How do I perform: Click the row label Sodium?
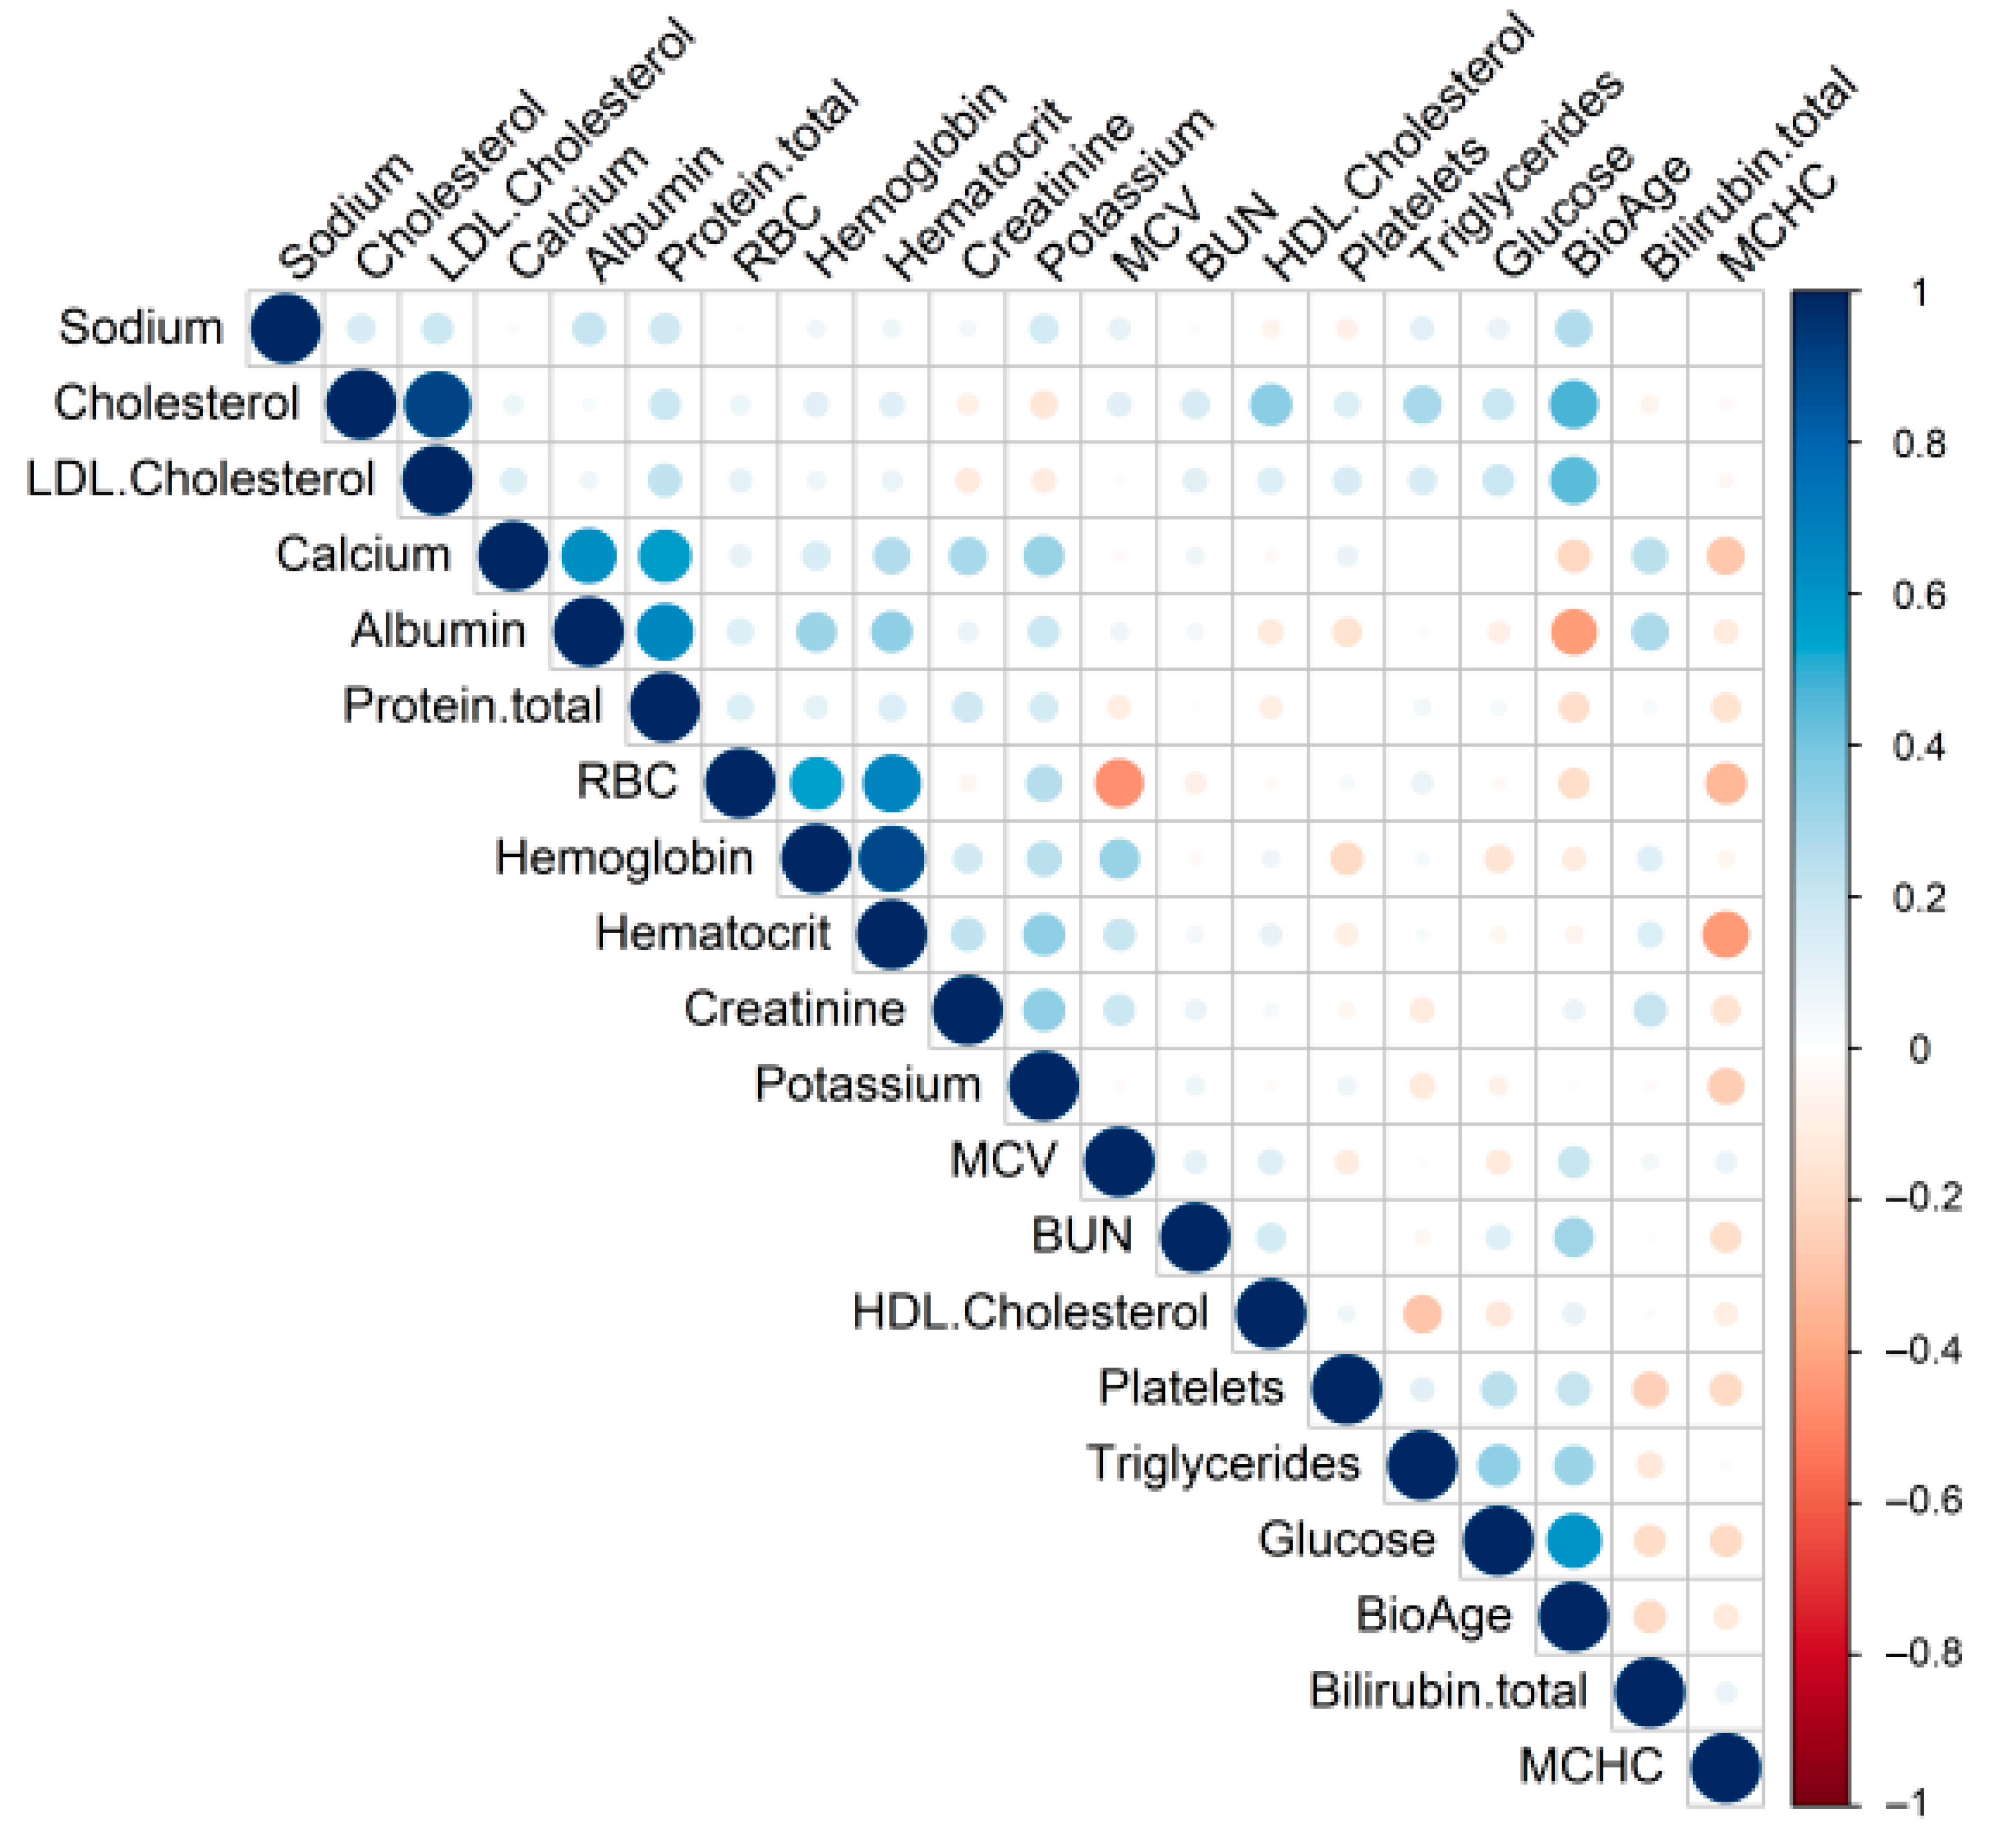coord(140,327)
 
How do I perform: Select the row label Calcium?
coord(363,554)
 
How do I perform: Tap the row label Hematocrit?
coord(712,933)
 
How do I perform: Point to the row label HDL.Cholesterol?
coord(1030,1312)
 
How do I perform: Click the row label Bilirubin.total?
coord(1447,1691)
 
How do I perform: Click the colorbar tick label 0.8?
coord(1918,443)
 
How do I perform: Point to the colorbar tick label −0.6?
coord(1923,1500)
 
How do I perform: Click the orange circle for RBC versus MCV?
coord(1119,783)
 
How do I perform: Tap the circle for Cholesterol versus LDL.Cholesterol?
coord(438,404)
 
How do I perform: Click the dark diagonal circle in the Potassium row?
coord(1043,1085)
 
